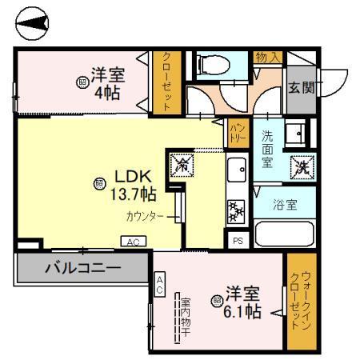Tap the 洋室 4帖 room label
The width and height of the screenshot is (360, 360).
[x=105, y=83]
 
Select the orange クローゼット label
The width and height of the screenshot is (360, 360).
[x=166, y=81]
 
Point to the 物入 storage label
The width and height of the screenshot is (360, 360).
[x=267, y=56]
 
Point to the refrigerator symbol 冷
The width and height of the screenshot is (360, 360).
[x=180, y=166]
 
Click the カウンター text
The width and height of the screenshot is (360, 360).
[x=144, y=216]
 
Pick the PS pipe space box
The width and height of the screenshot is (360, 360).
[x=238, y=239]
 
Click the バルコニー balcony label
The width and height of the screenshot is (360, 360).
[x=82, y=266]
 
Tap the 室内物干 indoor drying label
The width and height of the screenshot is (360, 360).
[x=184, y=318]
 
